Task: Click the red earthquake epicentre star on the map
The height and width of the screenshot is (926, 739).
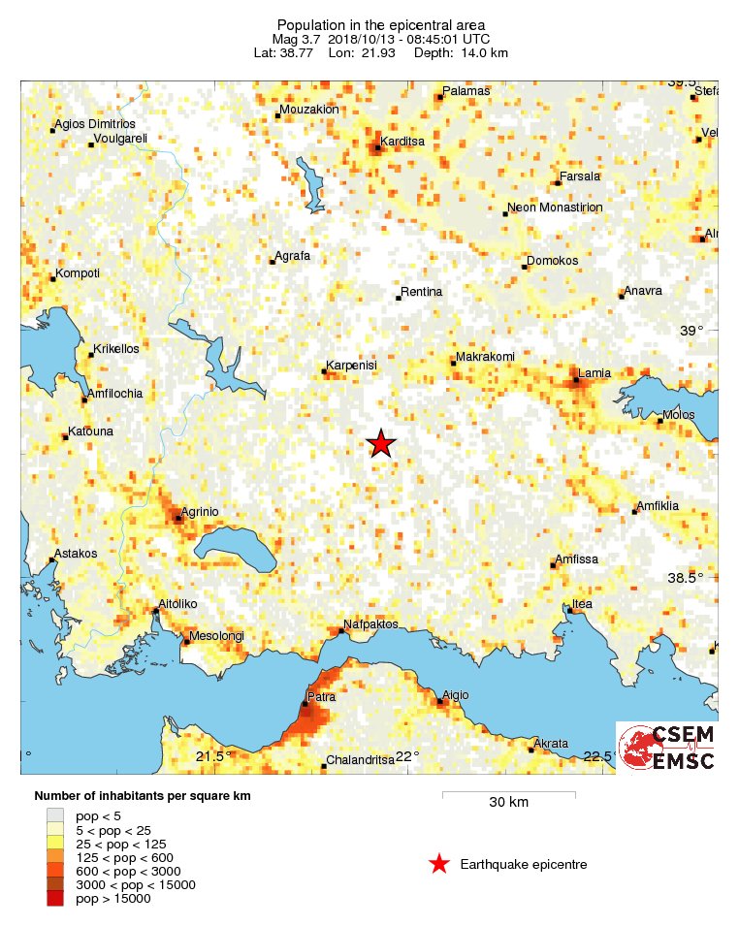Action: (381, 443)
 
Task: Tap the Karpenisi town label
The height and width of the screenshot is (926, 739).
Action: (351, 366)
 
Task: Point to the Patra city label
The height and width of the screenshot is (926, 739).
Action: (321, 697)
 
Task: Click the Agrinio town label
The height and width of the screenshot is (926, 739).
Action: (201, 511)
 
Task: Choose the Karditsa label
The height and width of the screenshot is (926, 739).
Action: (403, 142)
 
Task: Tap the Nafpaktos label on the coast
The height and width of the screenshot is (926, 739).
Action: (370, 624)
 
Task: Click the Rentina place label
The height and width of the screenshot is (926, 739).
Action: (421, 292)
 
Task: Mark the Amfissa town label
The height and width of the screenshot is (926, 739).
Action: (576, 559)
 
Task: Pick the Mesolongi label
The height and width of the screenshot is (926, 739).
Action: (216, 636)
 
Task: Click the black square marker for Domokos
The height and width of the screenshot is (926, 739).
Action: (525, 267)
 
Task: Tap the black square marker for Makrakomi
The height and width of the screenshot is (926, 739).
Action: (453, 365)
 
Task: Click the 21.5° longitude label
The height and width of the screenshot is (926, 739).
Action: (211, 756)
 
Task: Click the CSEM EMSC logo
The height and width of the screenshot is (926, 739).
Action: (667, 748)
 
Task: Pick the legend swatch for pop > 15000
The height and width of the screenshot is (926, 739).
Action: (55, 899)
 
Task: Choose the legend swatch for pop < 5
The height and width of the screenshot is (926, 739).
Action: (55, 816)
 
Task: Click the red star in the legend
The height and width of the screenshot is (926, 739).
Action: (439, 864)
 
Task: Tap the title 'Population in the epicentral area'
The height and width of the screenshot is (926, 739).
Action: (381, 24)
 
